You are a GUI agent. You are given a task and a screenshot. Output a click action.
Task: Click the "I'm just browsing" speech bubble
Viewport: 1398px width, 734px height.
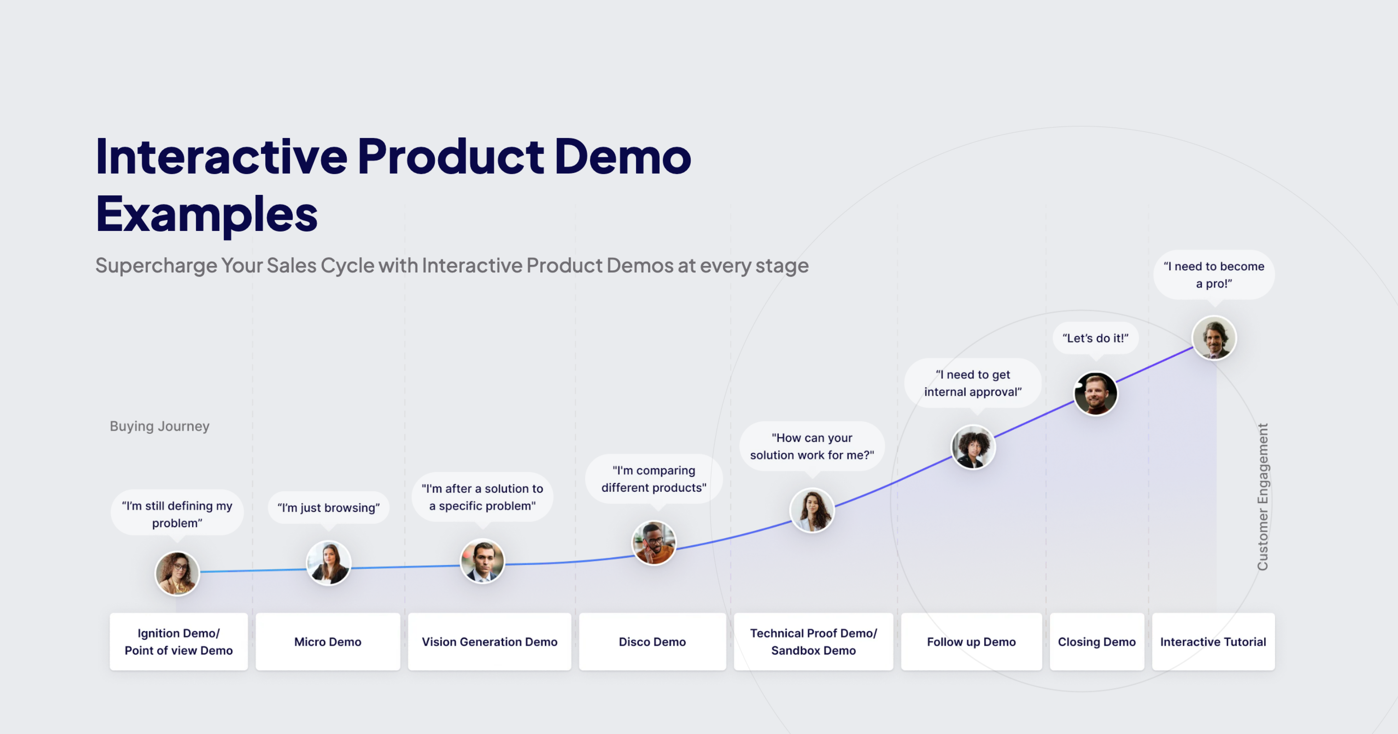click(328, 508)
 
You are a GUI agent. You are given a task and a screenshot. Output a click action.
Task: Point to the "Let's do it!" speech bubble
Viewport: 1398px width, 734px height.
click(1095, 338)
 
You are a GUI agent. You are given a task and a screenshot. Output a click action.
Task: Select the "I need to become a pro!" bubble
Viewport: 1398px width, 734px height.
click(1213, 275)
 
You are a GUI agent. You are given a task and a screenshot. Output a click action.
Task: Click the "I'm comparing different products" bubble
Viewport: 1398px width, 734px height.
click(653, 479)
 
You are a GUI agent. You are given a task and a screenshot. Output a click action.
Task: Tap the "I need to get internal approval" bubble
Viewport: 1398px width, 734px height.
click(972, 383)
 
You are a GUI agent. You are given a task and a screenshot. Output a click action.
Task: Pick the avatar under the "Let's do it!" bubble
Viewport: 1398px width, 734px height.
click(1095, 394)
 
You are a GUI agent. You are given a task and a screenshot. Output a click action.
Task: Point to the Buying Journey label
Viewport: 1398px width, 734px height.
click(160, 426)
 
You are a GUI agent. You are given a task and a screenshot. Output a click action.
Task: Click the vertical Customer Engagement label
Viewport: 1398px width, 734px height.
click(1262, 497)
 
